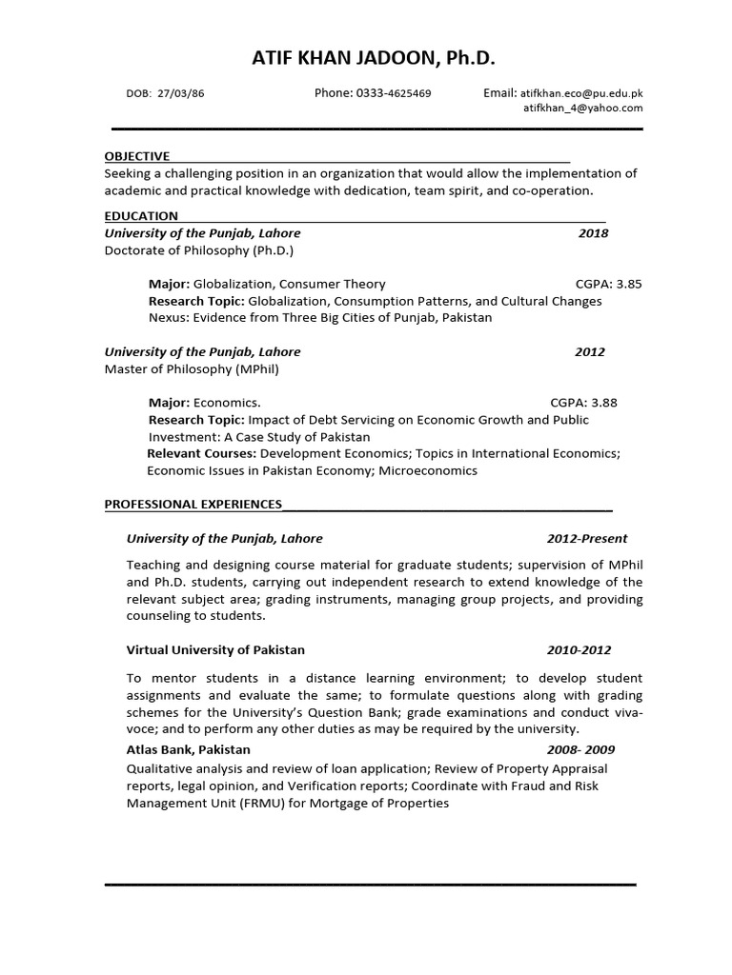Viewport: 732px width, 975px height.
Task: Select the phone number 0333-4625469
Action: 393,93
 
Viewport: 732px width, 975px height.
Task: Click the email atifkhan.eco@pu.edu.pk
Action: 581,93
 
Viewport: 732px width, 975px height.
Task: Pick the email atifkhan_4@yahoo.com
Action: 583,109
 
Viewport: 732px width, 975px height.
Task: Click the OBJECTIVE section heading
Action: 137,156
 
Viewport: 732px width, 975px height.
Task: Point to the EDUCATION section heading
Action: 141,216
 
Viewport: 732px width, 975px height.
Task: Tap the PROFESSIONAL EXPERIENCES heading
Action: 193,504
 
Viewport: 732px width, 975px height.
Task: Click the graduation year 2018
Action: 593,233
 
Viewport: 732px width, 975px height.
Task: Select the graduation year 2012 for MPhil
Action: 590,351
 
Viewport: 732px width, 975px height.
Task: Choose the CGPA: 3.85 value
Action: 609,284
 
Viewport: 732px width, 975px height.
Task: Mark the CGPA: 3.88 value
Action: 583,403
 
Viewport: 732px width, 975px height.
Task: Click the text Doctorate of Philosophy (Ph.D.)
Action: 199,250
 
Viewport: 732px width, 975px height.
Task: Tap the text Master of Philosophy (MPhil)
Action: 192,368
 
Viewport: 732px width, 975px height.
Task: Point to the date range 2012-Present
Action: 587,539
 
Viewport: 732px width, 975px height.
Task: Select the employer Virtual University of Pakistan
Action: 215,650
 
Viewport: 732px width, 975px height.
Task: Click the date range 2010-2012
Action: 579,650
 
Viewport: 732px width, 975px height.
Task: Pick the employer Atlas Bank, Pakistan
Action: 189,750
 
